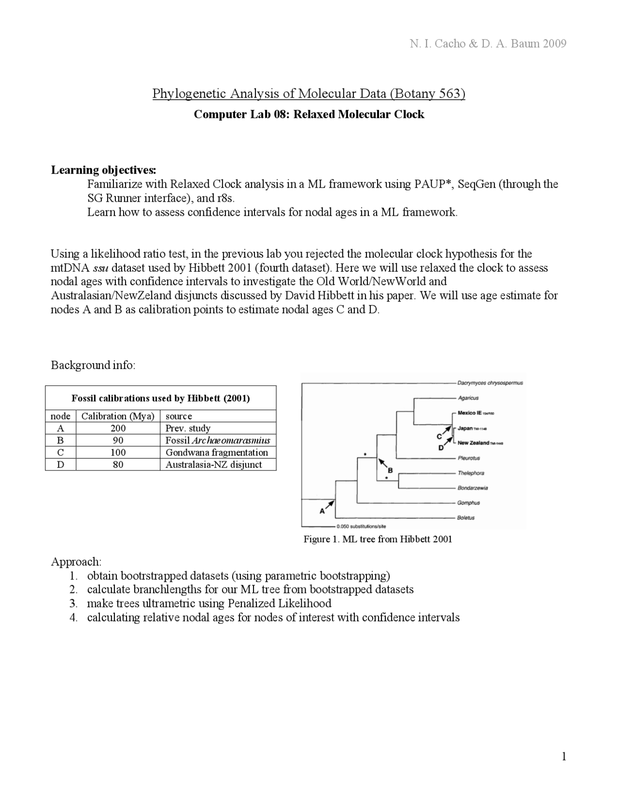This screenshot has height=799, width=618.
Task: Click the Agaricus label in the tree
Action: [468, 398]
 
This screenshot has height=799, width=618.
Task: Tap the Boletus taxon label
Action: [466, 518]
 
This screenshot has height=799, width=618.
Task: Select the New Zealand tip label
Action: [473, 443]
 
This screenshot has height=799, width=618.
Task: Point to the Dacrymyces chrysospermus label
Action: [490, 383]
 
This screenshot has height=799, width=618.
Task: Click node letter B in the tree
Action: [390, 470]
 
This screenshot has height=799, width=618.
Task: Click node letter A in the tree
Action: [322, 511]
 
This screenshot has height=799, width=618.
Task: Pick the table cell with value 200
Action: [118, 428]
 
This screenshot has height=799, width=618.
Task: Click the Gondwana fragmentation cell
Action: [217, 453]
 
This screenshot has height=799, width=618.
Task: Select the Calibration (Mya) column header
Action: [118, 416]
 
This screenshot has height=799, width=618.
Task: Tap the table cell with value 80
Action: [118, 465]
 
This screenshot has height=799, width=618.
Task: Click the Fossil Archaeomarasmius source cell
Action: [218, 441]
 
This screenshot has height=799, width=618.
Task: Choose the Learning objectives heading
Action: [104, 170]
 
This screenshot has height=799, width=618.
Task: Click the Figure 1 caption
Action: [378, 539]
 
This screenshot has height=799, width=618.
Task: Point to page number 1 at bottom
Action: [563, 756]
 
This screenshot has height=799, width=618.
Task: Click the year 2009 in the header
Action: [554, 44]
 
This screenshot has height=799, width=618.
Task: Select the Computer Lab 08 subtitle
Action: [309, 114]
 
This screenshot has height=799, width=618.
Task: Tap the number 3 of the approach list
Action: [73, 604]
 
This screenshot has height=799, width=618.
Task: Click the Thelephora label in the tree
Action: [471, 473]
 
